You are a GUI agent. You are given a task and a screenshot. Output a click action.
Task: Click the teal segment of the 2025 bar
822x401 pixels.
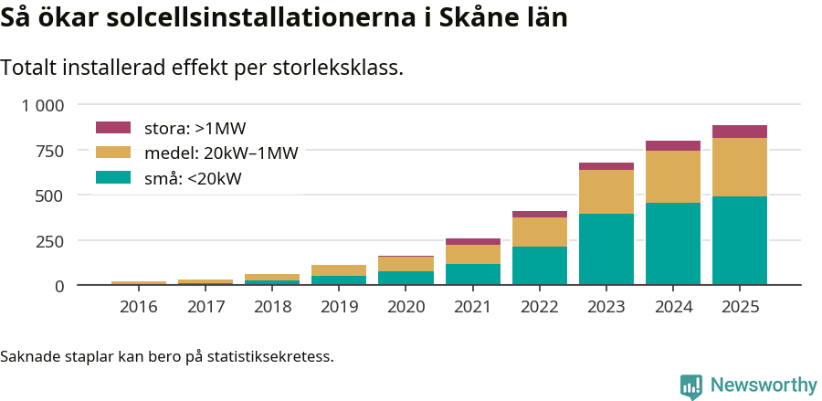[740, 240]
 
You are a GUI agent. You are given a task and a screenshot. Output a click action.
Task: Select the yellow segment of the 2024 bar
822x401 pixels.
[673, 176]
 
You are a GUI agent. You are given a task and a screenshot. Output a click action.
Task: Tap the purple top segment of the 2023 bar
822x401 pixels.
[606, 166]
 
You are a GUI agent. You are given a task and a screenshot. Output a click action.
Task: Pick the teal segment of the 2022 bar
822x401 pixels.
[540, 266]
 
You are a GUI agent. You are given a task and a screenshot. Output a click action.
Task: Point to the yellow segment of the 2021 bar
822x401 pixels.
[473, 254]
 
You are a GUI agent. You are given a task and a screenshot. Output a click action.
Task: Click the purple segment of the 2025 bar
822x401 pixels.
[740, 132]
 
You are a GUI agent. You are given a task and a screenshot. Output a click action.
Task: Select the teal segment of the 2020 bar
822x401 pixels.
[406, 278]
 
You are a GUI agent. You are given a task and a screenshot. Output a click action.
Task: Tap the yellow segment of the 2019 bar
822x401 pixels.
[339, 270]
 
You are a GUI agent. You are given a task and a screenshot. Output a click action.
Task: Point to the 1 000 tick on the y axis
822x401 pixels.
[43, 106]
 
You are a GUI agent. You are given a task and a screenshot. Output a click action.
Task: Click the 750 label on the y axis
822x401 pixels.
[50, 151]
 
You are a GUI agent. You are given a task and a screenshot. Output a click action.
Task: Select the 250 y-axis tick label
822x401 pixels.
[50, 241]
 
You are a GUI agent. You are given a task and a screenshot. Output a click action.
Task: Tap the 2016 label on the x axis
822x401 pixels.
[139, 307]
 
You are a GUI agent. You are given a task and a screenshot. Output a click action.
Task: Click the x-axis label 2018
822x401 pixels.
[272, 307]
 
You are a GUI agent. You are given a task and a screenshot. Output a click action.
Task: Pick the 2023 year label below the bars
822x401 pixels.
[606, 307]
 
